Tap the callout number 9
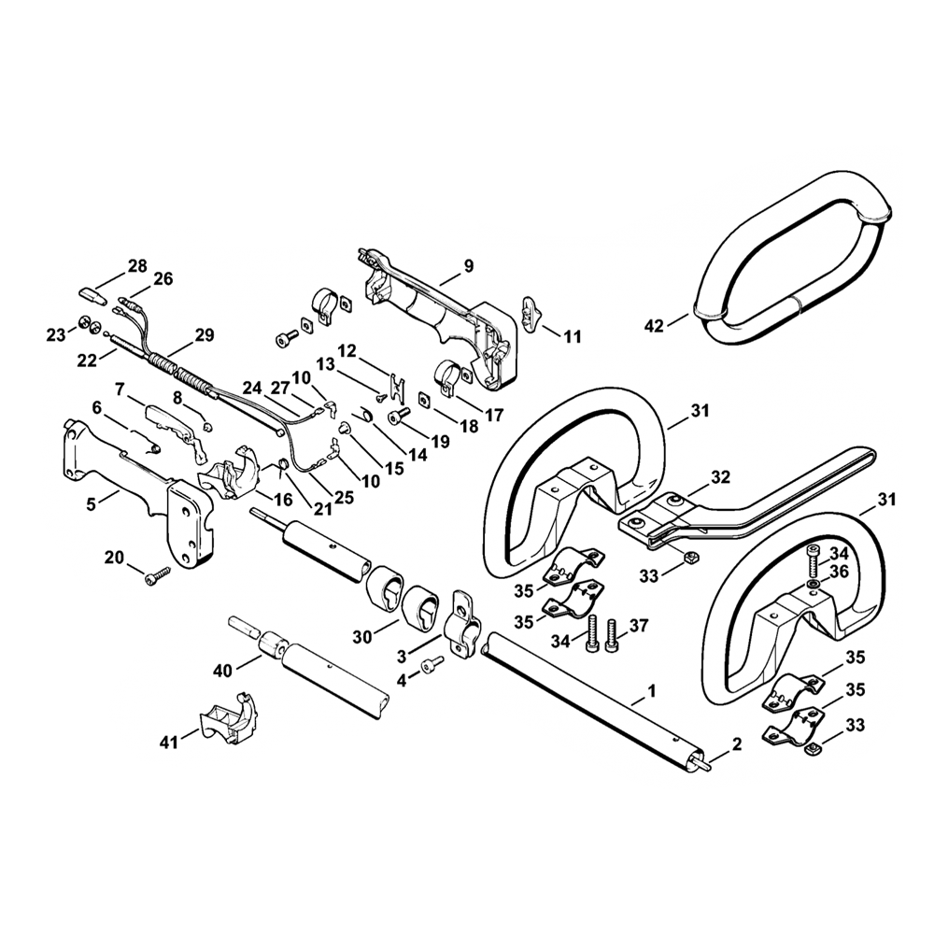(469, 266)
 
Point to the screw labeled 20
(156, 577)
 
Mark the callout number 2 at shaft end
(736, 744)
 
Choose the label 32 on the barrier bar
(720, 476)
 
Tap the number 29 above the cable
(204, 335)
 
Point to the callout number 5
(92, 504)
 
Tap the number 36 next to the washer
(839, 572)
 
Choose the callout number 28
(137, 266)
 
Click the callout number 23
(58, 333)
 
